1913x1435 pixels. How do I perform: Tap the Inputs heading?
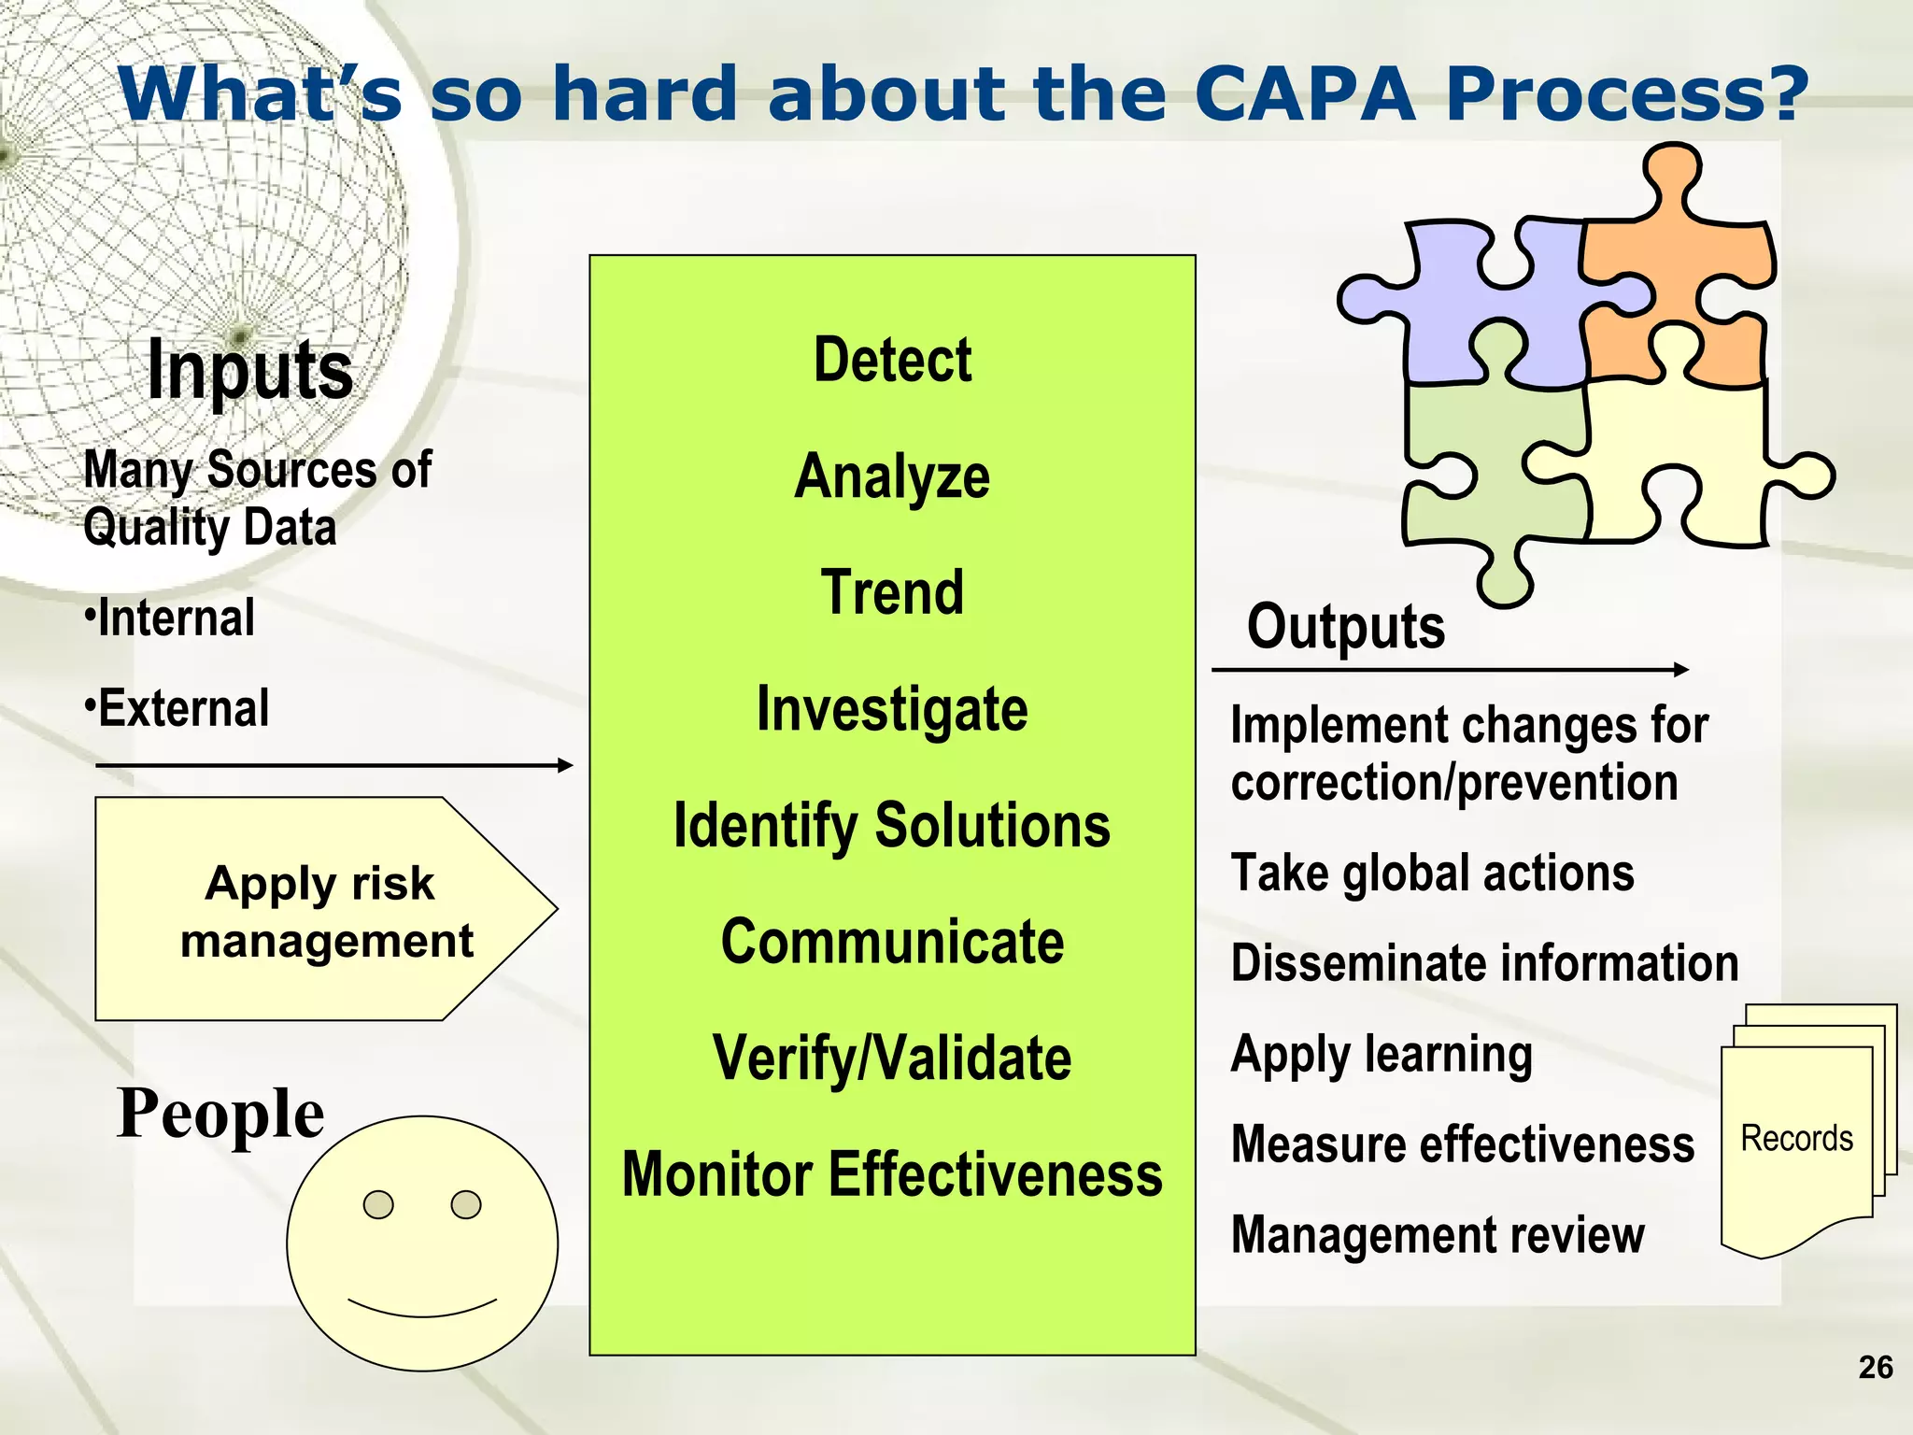250,371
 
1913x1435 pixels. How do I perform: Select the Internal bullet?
170,618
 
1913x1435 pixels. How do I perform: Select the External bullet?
177,708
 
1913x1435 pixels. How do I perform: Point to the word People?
220,1114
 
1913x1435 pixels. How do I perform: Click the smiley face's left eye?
378,1205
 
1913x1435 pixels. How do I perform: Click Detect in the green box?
892,361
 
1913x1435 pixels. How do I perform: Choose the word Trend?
892,593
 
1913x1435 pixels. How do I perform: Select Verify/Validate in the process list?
892,1058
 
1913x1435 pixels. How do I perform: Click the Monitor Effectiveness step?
892,1174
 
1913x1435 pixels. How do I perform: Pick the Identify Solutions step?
892,826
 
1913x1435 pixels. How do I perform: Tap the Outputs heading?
1345,627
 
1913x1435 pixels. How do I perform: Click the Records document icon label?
1796,1139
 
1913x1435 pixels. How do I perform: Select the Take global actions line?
1432,874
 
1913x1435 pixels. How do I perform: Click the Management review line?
1438,1235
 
